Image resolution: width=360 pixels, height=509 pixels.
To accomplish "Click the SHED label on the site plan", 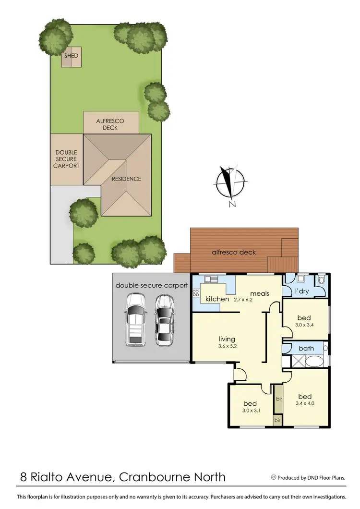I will click(71, 56).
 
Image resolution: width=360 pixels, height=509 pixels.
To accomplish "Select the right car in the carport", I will click(164, 319).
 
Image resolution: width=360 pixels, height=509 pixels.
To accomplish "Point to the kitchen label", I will click(217, 299).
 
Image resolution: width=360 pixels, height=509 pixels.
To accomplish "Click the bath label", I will click(306, 348).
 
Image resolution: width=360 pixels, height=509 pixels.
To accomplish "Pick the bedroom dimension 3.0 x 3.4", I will click(304, 325).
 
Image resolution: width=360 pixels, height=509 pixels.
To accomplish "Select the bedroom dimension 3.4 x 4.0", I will click(305, 403).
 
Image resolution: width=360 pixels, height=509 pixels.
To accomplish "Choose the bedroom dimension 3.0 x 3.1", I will click(250, 411).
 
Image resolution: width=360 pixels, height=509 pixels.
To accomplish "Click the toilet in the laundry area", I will click(321, 279).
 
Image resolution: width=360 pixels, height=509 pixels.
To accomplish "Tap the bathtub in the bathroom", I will click(314, 361).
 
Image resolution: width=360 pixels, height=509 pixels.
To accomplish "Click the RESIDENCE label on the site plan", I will click(127, 179).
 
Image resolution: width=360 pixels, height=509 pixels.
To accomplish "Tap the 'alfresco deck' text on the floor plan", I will click(234, 252).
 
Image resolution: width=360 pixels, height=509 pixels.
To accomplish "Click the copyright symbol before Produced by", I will click(274, 477).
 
